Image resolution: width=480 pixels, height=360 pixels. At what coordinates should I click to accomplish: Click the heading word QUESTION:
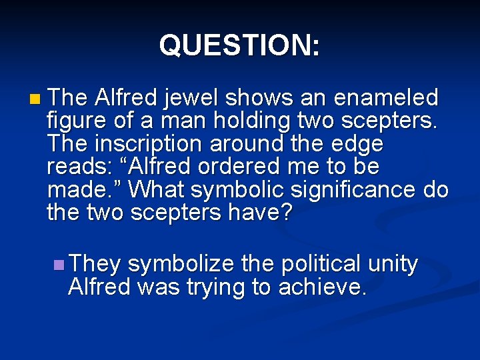point(239,45)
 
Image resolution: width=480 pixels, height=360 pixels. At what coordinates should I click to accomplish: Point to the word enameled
point(385,99)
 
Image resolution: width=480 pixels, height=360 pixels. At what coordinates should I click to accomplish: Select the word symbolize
point(181,265)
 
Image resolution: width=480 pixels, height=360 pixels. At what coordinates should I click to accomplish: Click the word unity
point(395,265)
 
